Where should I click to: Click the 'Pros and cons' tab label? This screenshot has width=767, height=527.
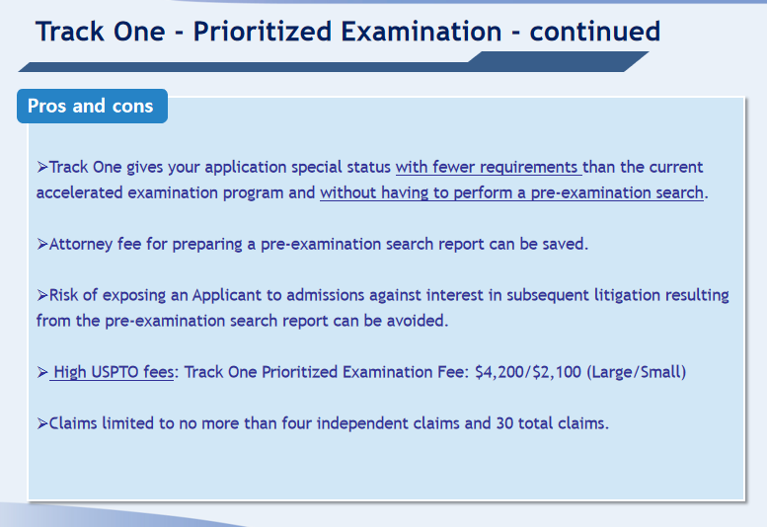pyautogui.click(x=91, y=106)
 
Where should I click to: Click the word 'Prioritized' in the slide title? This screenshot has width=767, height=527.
pyautogui.click(x=263, y=32)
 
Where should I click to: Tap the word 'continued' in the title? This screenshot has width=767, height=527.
pyautogui.click(x=595, y=32)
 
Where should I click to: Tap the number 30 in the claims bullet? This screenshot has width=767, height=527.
pyautogui.click(x=504, y=422)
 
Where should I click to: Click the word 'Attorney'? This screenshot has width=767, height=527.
pyautogui.click(x=81, y=244)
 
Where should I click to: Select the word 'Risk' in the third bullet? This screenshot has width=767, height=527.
pyautogui.click(x=63, y=295)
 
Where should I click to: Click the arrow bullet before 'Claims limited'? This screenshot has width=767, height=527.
pyautogui.click(x=42, y=423)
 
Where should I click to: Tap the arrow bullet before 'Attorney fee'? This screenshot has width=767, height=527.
pyautogui.click(x=42, y=244)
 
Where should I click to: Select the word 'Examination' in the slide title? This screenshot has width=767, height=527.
pyautogui.click(x=422, y=32)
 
